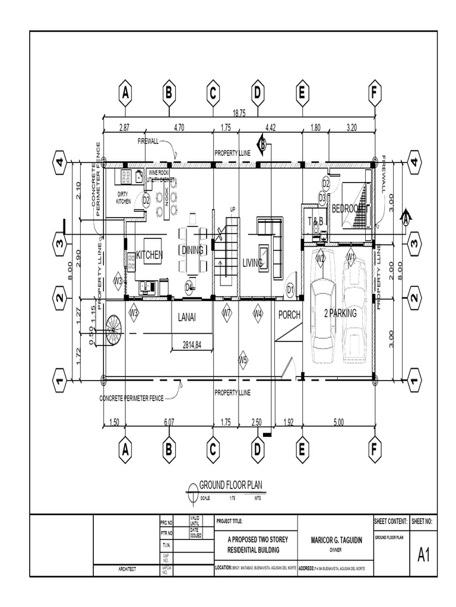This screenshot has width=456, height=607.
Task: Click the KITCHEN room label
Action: point(149,255)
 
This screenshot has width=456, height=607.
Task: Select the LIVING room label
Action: point(252,263)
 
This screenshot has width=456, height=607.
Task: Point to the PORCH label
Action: point(290,315)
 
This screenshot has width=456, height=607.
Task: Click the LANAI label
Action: point(187,318)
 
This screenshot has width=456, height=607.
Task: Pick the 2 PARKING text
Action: point(339,314)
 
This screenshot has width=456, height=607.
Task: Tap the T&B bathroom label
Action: point(315,221)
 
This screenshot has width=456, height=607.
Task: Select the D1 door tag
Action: point(290,289)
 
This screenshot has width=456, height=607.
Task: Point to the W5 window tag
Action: point(243,358)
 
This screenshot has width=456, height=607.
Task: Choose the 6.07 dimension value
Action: point(170,422)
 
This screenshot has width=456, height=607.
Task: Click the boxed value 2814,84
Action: point(192,343)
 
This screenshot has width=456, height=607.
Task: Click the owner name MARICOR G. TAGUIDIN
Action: point(334,541)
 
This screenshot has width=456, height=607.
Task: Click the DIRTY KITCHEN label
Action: point(123,197)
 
